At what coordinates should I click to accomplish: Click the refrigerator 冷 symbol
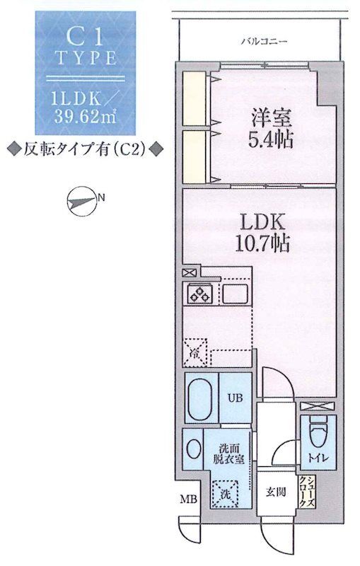coord(194,354)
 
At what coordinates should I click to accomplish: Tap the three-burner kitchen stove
coord(200,292)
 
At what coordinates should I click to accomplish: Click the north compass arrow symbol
coord(82,200)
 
